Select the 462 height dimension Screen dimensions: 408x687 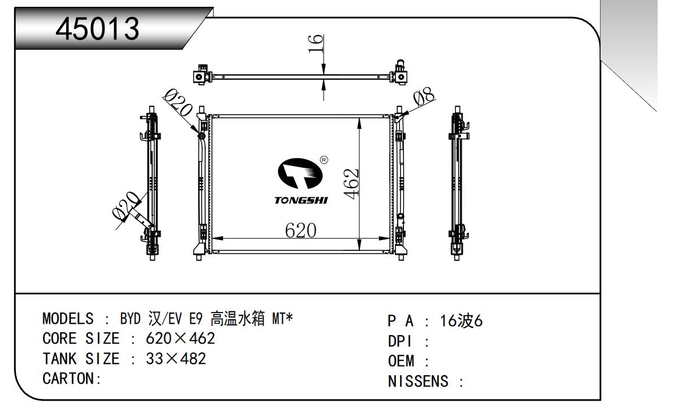point(351,183)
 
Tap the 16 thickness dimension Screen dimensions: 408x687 point(317,43)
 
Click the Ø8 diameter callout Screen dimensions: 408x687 point(424,98)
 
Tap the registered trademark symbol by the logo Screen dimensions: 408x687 point(324,160)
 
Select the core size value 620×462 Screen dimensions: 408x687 point(180,339)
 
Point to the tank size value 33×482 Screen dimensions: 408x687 point(175,359)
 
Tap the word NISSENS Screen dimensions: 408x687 point(419,382)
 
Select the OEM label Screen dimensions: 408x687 point(402,361)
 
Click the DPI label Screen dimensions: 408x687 point(401,341)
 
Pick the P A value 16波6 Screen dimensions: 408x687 point(462,321)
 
